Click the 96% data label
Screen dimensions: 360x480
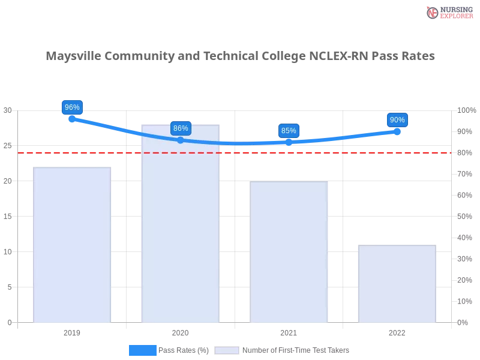click(72, 107)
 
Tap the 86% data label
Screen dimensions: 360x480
click(181, 128)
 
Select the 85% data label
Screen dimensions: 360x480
click(289, 130)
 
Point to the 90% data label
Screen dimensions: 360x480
click(397, 120)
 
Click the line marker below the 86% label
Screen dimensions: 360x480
click(181, 140)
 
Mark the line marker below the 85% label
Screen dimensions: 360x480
click(289, 142)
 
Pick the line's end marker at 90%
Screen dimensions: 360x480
click(397, 131)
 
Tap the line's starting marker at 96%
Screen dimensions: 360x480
click(72, 119)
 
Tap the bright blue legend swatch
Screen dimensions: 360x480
click(143, 350)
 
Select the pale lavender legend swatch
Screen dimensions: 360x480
click(227, 350)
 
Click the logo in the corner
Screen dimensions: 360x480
click(448, 12)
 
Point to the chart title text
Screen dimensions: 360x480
click(240, 56)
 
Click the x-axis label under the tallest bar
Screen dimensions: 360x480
click(180, 331)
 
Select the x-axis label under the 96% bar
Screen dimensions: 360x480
click(72, 331)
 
